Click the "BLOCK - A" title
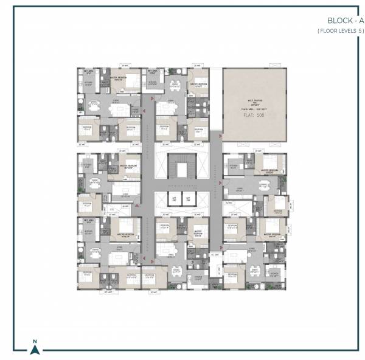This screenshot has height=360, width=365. click(x=337, y=21)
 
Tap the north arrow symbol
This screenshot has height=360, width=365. click(x=35, y=349)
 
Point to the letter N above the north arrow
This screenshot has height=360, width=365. click(x=35, y=341)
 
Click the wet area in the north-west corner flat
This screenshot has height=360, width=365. click(x=88, y=71)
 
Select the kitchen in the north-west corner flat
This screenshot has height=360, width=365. click(x=88, y=84)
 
